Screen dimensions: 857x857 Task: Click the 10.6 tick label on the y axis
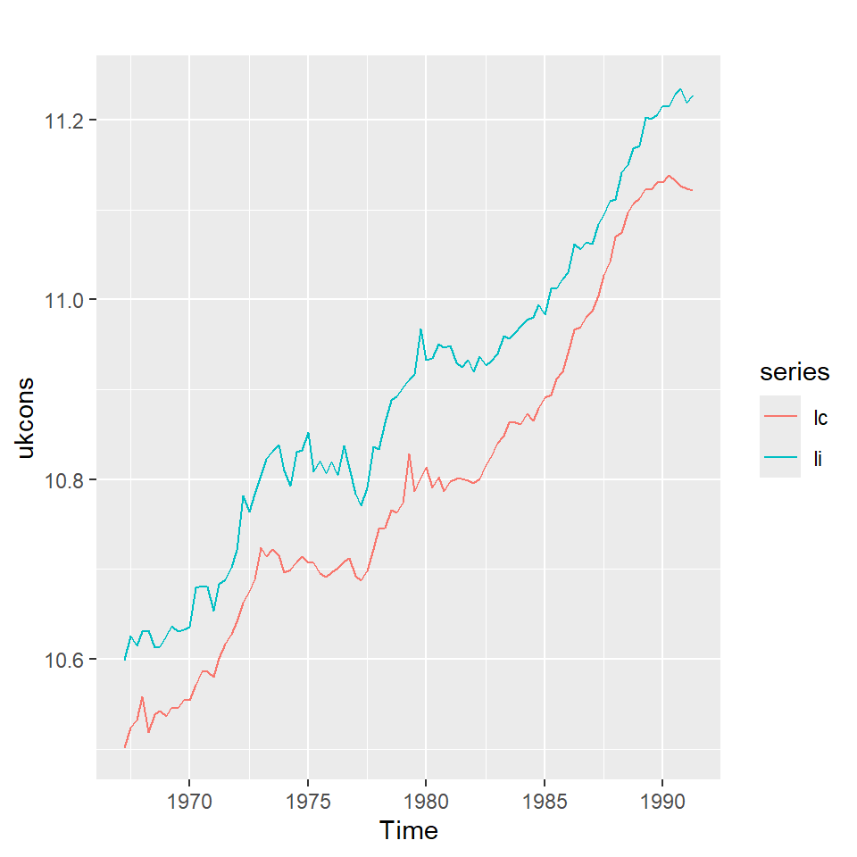[x=64, y=660]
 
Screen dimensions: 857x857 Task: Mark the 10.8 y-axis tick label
[x=64, y=479]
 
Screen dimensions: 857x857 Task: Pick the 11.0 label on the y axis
[x=64, y=300]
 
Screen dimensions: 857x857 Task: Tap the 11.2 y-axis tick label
[x=64, y=120]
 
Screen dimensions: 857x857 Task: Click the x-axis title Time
[x=409, y=831]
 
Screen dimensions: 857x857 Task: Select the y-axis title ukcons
[x=27, y=418]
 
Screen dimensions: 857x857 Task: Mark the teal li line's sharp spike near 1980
[x=420, y=329]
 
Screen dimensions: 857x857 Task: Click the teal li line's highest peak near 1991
[x=680, y=89]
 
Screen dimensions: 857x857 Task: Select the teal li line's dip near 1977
[x=362, y=505]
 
